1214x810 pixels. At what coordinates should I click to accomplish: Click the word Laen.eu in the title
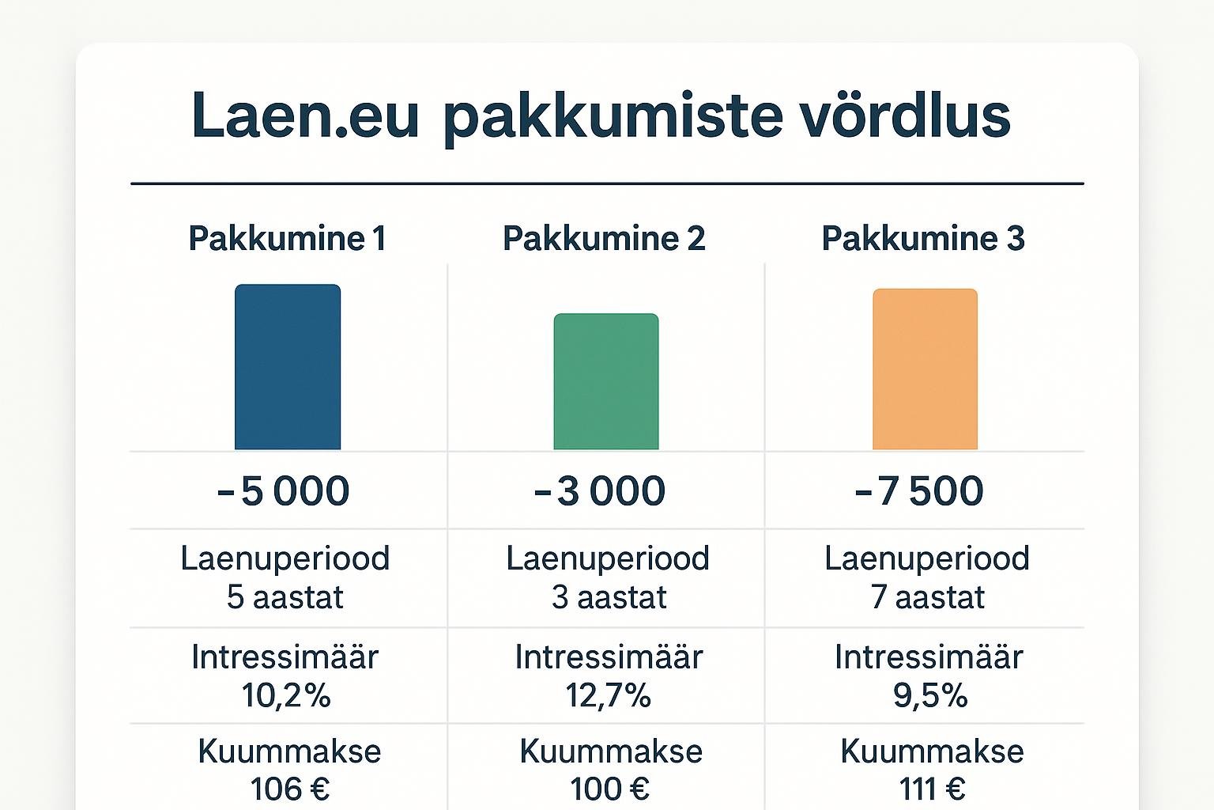coord(305,115)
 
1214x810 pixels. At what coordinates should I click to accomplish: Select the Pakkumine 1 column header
coord(287,239)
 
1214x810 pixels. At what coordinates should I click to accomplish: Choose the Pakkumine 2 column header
coord(605,239)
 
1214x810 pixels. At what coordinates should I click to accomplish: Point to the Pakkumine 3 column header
coord(923,239)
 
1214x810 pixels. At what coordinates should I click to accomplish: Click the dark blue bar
coord(288,367)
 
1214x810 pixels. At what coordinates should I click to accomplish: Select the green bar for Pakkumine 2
coord(606,381)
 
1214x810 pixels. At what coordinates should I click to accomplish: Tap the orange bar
coord(926,369)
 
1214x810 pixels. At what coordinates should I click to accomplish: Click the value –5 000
coord(284,491)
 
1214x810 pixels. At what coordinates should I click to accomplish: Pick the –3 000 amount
coord(599,491)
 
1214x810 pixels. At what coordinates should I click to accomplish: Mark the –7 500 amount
coord(919,491)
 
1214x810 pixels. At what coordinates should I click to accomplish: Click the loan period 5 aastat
coord(285,597)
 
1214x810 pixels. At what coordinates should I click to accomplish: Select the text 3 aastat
coord(609,597)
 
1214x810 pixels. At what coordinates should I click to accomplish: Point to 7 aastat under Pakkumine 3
coord(928,597)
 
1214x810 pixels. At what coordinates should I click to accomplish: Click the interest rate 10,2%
coord(285,695)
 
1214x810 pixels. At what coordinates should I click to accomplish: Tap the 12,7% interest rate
coord(608,695)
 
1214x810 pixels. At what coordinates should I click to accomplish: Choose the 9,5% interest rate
coord(930,695)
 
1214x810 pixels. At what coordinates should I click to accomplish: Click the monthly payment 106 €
coord(290,789)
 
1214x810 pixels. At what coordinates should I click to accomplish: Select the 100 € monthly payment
coord(609,789)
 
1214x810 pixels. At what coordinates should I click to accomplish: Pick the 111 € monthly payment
coord(932,789)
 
